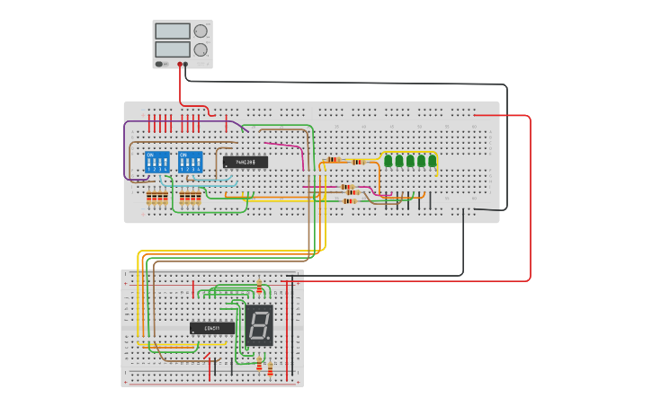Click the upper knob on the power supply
pos(200,31)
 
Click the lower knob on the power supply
pos(200,49)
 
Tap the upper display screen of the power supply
pos(172,31)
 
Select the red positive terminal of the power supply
pos(180,64)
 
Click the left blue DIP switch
pos(156,163)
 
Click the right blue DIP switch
pos(191,163)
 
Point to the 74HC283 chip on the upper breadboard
pos(246,163)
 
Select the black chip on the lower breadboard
pos(212,328)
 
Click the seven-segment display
pos(258,325)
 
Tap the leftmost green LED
pos(388,162)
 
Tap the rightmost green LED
pos(433,162)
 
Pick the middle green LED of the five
pos(410,162)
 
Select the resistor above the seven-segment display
pos(259,288)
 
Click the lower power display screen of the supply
pos(172,49)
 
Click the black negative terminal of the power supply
pos(186,64)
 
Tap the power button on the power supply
pos(159,64)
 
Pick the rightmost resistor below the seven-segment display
pos(270,368)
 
